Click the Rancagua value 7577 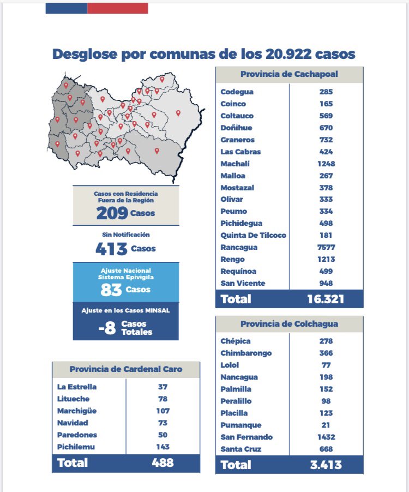coord(326,247)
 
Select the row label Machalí coord(235,164)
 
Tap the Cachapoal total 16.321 coord(326,299)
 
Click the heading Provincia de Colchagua coord(289,324)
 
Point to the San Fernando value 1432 coord(326,437)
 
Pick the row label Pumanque coord(241,425)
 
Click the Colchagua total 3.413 coord(326,465)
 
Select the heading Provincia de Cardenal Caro coord(126,369)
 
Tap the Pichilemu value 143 coord(163,447)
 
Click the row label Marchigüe coord(77,411)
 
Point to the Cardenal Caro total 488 coord(163,463)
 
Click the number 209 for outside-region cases coord(112,213)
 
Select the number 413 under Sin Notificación coord(111,249)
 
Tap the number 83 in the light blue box coord(111,290)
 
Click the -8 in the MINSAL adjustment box coord(107,328)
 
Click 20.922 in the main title coord(288,54)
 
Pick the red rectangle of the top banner coord(118,9)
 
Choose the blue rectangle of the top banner coord(67,9)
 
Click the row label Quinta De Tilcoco coord(253,235)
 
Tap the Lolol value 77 coord(326,365)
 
